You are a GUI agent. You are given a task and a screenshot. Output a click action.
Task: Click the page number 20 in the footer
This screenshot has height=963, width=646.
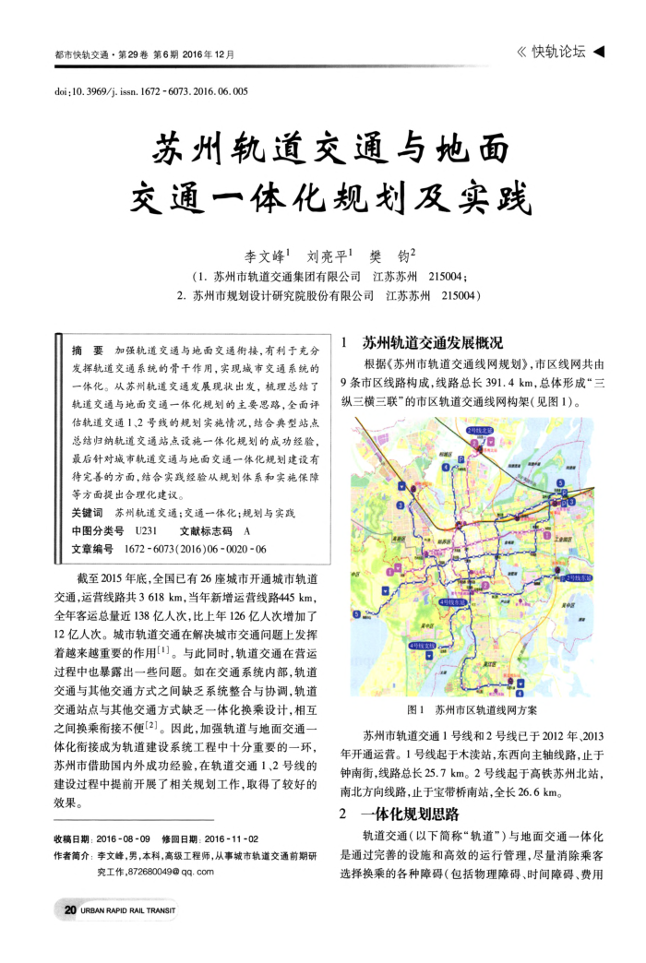[x=70, y=909]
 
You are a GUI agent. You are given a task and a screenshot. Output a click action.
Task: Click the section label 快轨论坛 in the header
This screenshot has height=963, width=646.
[x=558, y=52]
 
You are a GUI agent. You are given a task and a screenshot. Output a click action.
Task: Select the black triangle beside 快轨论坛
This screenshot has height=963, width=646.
[x=598, y=52]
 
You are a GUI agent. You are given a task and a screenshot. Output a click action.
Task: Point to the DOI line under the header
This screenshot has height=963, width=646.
[x=152, y=92]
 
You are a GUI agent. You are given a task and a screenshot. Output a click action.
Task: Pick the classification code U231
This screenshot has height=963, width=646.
[x=147, y=530]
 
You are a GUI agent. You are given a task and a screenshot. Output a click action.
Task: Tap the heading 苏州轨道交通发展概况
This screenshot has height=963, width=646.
[x=432, y=342]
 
